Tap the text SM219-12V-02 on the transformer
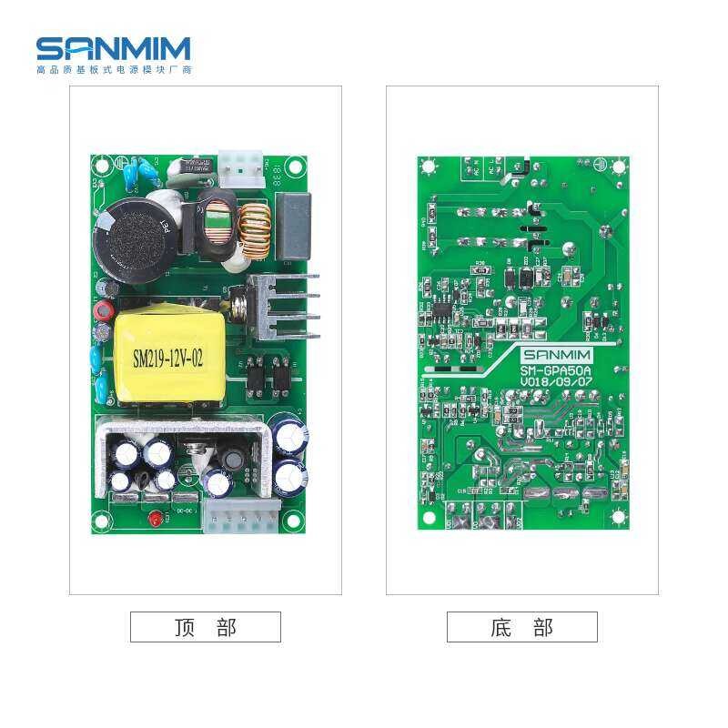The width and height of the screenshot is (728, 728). [x=168, y=359]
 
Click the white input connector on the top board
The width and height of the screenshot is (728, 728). [x=240, y=165]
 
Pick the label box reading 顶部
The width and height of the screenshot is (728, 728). [x=205, y=627]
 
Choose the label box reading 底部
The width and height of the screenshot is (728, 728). [x=521, y=627]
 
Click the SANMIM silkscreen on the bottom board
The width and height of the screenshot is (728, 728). [x=557, y=355]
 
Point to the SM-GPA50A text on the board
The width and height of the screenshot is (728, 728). [x=555, y=371]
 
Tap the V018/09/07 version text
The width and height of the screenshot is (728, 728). [x=555, y=384]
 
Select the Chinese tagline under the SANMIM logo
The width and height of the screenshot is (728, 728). [x=113, y=69]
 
